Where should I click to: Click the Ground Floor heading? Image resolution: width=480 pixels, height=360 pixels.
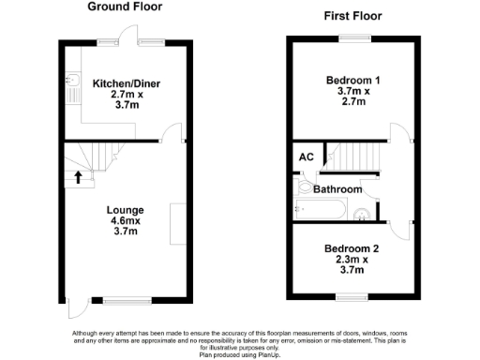coord(126,7)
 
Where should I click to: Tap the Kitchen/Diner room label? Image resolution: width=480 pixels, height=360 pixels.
coord(127,84)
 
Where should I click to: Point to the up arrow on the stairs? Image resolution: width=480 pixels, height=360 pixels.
coord(79,175)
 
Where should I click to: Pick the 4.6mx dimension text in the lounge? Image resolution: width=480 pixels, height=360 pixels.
coord(125,220)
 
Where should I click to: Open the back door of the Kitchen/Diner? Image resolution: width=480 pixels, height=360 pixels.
coord(150,42)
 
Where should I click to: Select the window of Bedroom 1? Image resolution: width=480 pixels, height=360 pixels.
coord(353,37)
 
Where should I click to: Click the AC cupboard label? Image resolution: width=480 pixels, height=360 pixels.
coord(306,157)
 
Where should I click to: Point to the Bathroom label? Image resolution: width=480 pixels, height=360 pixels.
coord(337,189)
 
